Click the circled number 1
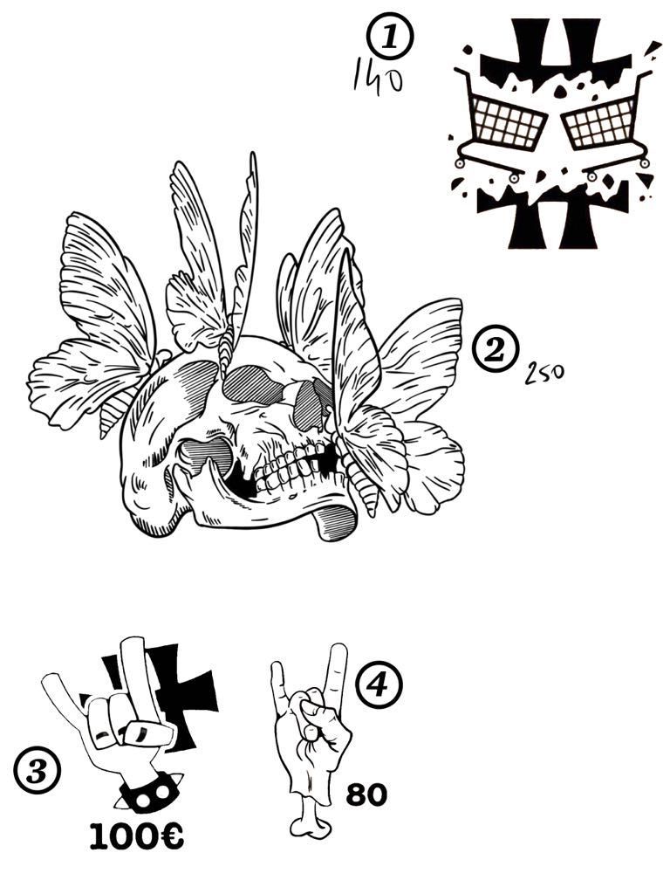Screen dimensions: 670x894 tap(390, 37)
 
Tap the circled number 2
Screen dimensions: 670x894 tap(496, 349)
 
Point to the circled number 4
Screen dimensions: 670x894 tap(379, 684)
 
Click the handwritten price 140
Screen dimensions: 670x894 tap(377, 79)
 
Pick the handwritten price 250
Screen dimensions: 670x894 tap(544, 374)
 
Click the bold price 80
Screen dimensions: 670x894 tap(366, 794)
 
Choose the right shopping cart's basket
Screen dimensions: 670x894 tap(600, 122)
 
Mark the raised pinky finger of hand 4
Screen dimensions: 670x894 tap(278, 690)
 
